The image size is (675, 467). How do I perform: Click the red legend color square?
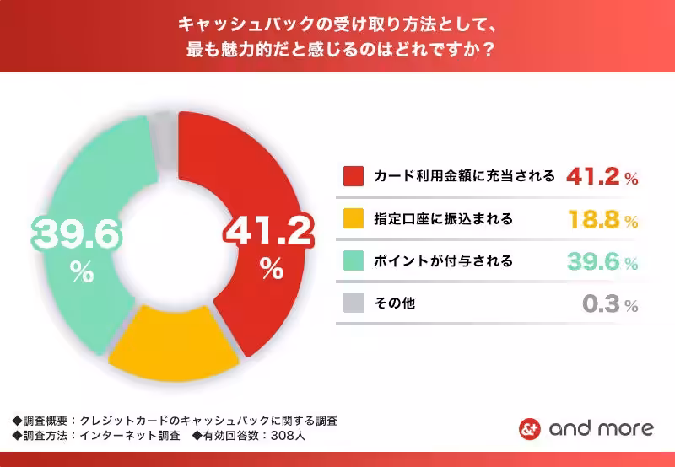[354, 176]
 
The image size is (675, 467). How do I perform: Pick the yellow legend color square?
[354, 219]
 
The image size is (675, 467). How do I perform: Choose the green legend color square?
[354, 260]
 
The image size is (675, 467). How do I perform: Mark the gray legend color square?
[354, 303]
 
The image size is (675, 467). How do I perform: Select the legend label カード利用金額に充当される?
[464, 176]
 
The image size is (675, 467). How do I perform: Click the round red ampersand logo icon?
[529, 428]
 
